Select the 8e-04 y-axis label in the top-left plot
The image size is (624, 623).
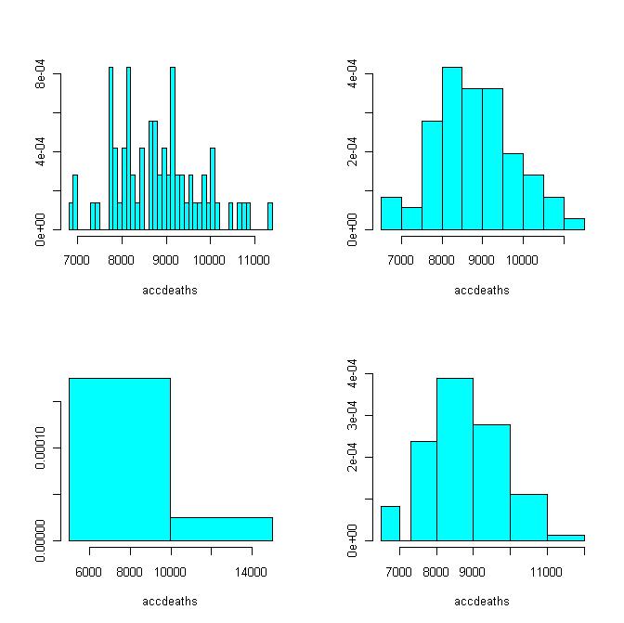tap(43, 73)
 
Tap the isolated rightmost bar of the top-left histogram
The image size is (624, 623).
tap(270, 216)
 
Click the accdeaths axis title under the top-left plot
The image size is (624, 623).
tap(170, 291)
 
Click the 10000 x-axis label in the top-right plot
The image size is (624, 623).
tap(523, 262)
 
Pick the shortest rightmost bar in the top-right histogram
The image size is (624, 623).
tap(574, 224)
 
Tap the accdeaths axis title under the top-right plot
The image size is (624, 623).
tap(482, 291)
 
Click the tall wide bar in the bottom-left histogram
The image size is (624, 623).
tap(120, 459)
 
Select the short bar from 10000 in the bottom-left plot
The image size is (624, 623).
tap(221, 528)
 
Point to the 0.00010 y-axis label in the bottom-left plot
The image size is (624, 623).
tap(43, 448)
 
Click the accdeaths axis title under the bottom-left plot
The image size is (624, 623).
tap(170, 602)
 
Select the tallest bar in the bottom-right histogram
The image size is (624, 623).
tap(455, 459)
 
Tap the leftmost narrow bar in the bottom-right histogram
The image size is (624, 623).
tap(390, 523)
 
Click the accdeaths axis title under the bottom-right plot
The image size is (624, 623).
tap(482, 602)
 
